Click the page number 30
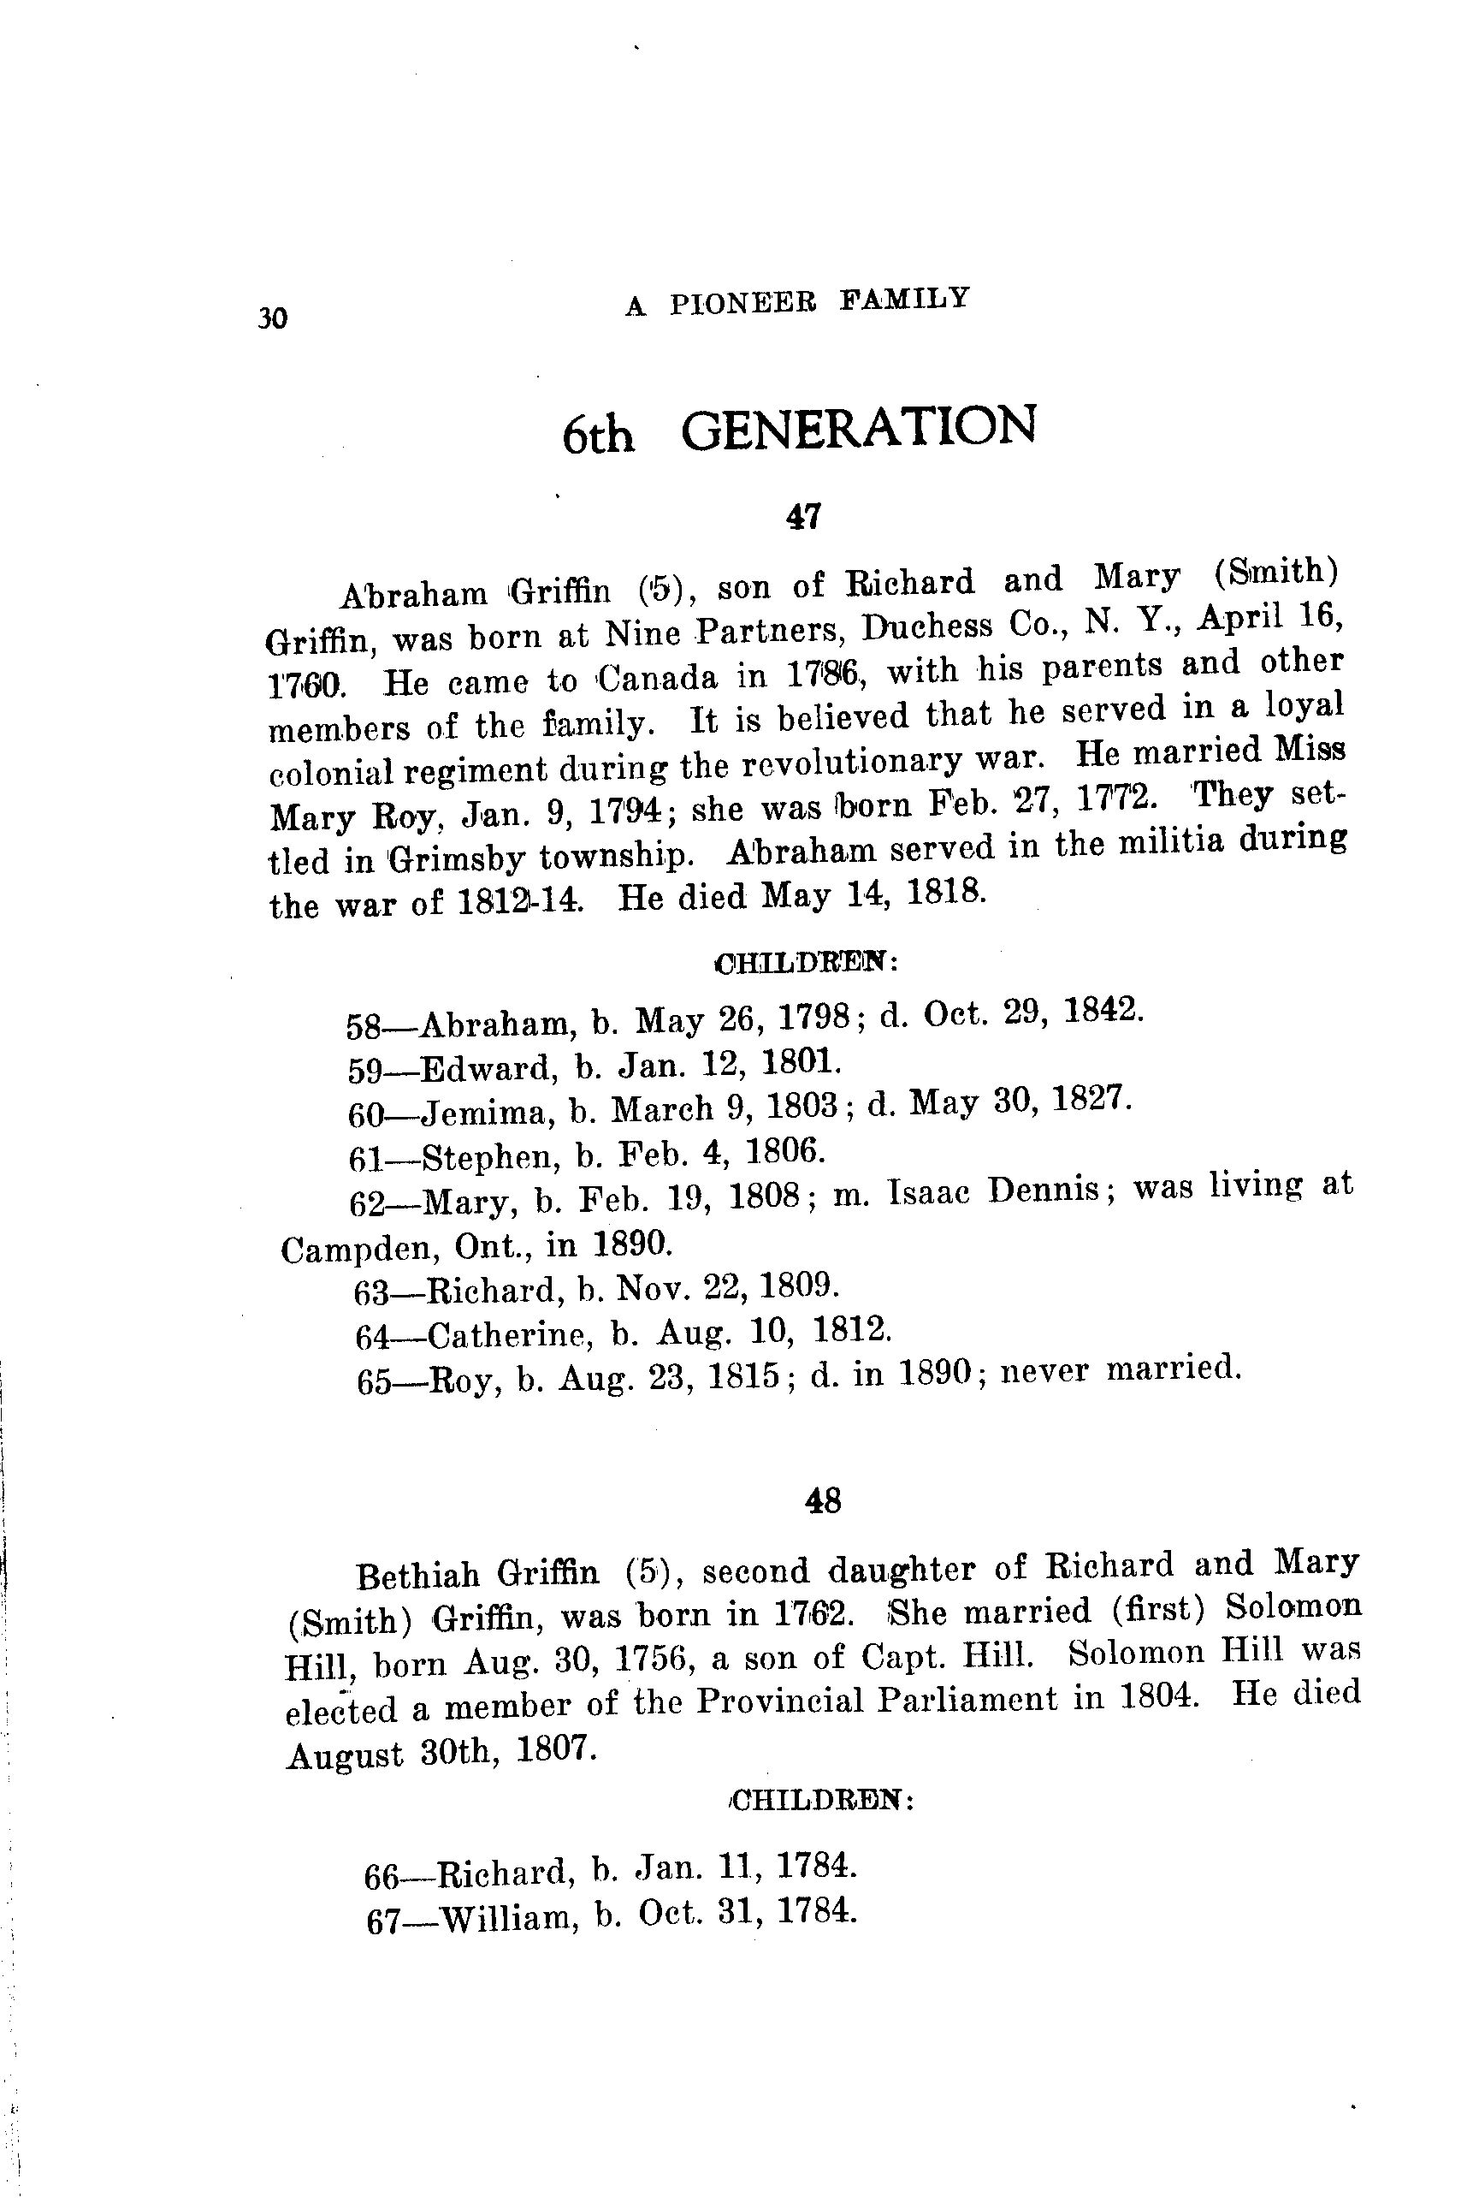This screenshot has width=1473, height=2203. [271, 318]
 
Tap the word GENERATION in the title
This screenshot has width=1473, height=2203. [859, 428]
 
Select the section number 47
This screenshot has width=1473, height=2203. [805, 516]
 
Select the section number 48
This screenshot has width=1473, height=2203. [824, 1501]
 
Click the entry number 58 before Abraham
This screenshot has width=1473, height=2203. [364, 1026]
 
